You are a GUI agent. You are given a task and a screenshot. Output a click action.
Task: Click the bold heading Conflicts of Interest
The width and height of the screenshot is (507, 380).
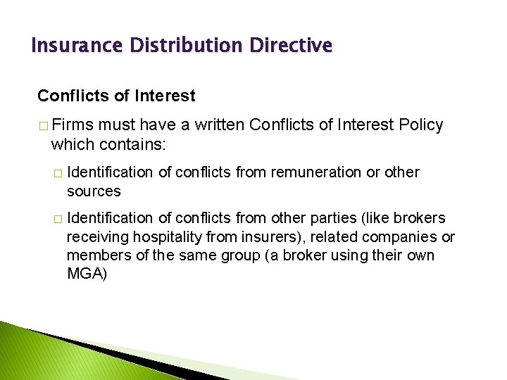coord(116,95)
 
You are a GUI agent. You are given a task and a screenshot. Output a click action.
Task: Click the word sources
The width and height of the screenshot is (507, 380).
coord(94,191)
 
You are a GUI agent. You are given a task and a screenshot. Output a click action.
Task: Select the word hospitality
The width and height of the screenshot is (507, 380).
coord(173,237)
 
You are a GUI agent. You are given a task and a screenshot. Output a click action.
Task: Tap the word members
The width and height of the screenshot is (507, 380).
coord(95,255)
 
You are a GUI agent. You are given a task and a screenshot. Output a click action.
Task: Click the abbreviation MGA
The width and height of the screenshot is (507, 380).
coord(86,274)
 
